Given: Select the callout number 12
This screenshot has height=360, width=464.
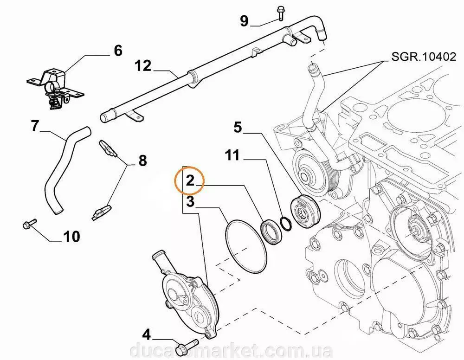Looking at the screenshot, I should tap(143, 65).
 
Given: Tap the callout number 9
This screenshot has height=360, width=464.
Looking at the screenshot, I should tap(244, 20).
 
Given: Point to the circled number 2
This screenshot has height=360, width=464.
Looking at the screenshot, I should tap(190, 180).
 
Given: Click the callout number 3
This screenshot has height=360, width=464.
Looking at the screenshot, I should tap(190, 202).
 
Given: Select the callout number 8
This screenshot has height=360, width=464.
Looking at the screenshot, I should tap(142, 161).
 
